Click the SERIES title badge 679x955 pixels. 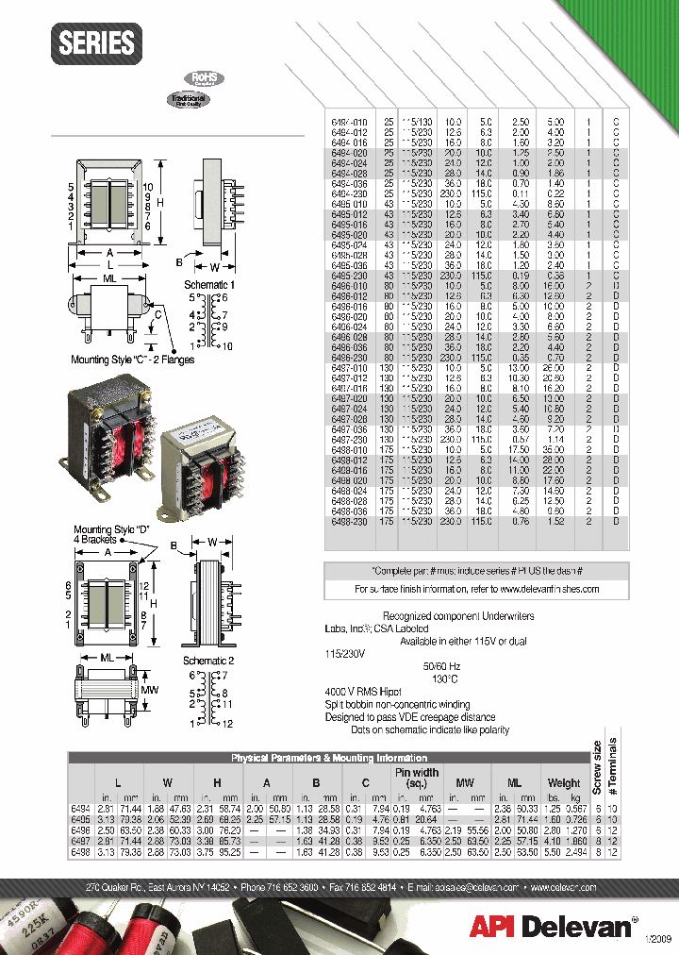coord(97,43)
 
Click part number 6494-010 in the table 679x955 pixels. coord(351,122)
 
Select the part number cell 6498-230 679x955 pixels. coord(351,520)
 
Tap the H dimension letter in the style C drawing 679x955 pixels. coord(160,204)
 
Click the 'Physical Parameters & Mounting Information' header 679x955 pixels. coord(329,758)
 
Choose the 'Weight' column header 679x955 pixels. coord(564,782)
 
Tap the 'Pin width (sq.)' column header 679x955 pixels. coord(417,778)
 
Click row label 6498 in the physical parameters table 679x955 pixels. coord(80,852)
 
